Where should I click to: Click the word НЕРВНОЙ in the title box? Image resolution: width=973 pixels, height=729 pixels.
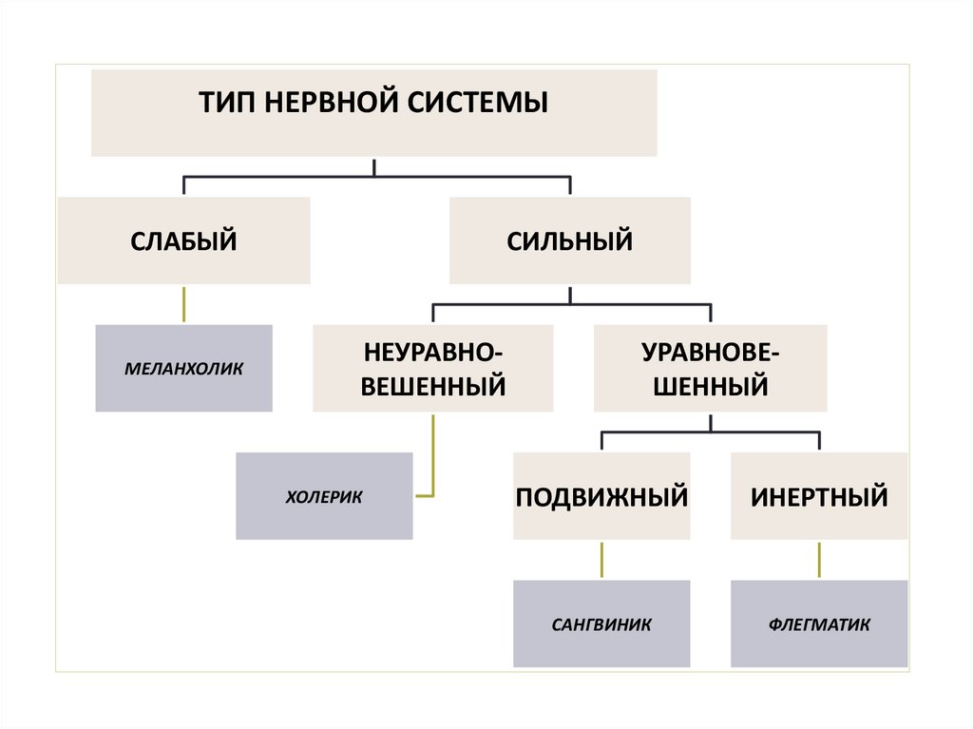[x=324, y=102]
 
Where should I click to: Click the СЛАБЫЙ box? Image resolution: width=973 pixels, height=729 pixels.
[x=183, y=240]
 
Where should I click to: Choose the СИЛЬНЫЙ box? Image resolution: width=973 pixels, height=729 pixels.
[x=569, y=240]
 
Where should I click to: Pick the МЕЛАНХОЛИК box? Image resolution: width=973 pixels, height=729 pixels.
[x=183, y=368]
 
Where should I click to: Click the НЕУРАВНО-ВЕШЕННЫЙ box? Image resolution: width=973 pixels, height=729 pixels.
[x=432, y=369]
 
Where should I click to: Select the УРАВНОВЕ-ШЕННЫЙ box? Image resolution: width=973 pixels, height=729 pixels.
[x=710, y=369]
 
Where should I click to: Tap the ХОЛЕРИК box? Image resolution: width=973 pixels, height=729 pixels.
[x=324, y=496]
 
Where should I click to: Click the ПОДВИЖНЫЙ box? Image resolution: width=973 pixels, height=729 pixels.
[x=601, y=496]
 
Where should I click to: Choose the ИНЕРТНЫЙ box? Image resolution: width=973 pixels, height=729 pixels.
[x=819, y=496]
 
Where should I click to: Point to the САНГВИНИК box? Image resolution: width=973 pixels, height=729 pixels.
[x=601, y=623]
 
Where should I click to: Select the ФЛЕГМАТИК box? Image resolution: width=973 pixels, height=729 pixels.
[x=819, y=623]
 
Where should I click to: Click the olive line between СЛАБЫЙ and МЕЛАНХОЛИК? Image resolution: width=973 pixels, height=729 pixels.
[x=183, y=304]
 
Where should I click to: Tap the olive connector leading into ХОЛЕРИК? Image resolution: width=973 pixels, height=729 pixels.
[x=433, y=456]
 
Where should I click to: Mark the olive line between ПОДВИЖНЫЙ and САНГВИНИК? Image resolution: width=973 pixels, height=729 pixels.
[x=601, y=560]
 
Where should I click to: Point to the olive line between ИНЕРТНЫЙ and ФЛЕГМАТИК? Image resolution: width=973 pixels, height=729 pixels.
[x=819, y=560]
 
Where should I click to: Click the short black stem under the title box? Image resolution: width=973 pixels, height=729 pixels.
[x=374, y=166]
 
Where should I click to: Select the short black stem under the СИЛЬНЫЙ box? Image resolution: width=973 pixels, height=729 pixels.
[x=569, y=294]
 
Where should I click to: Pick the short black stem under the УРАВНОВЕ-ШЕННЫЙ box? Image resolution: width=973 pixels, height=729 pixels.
[x=710, y=421]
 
